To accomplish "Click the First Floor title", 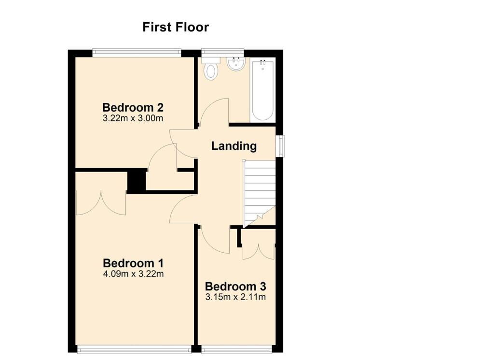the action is (x=176, y=27).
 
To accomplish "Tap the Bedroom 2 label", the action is (x=133, y=108).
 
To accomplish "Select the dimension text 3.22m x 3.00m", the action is (x=133, y=119).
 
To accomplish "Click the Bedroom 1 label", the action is (x=133, y=263).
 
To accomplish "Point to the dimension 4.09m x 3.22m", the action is (x=133, y=274).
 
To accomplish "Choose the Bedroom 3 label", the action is (x=235, y=287).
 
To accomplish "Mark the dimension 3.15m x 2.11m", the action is (x=235, y=297).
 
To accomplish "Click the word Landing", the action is (x=234, y=146).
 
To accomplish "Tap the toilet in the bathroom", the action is (x=211, y=69).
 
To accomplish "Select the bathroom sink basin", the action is (x=235, y=64).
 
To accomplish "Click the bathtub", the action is (x=263, y=90).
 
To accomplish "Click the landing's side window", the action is (x=280, y=146).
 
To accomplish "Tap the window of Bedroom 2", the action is (x=137, y=53).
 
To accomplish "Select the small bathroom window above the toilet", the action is (x=222, y=53).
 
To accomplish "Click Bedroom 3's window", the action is (x=236, y=348).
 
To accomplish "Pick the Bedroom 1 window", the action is (x=134, y=348).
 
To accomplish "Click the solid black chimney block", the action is (x=137, y=181).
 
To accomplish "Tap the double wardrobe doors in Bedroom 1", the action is (x=101, y=202).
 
